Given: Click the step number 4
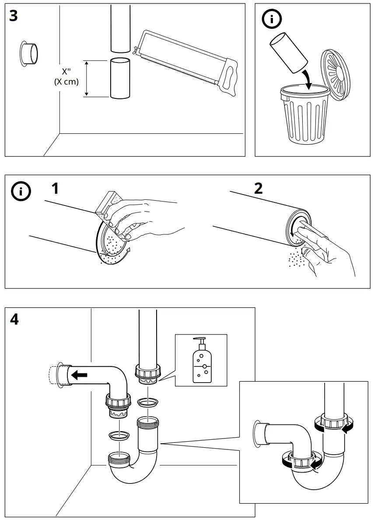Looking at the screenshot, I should pos(14,320).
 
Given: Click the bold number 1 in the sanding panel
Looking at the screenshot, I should pos(55,189).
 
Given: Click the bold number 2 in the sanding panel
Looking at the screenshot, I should pos(259,189).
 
